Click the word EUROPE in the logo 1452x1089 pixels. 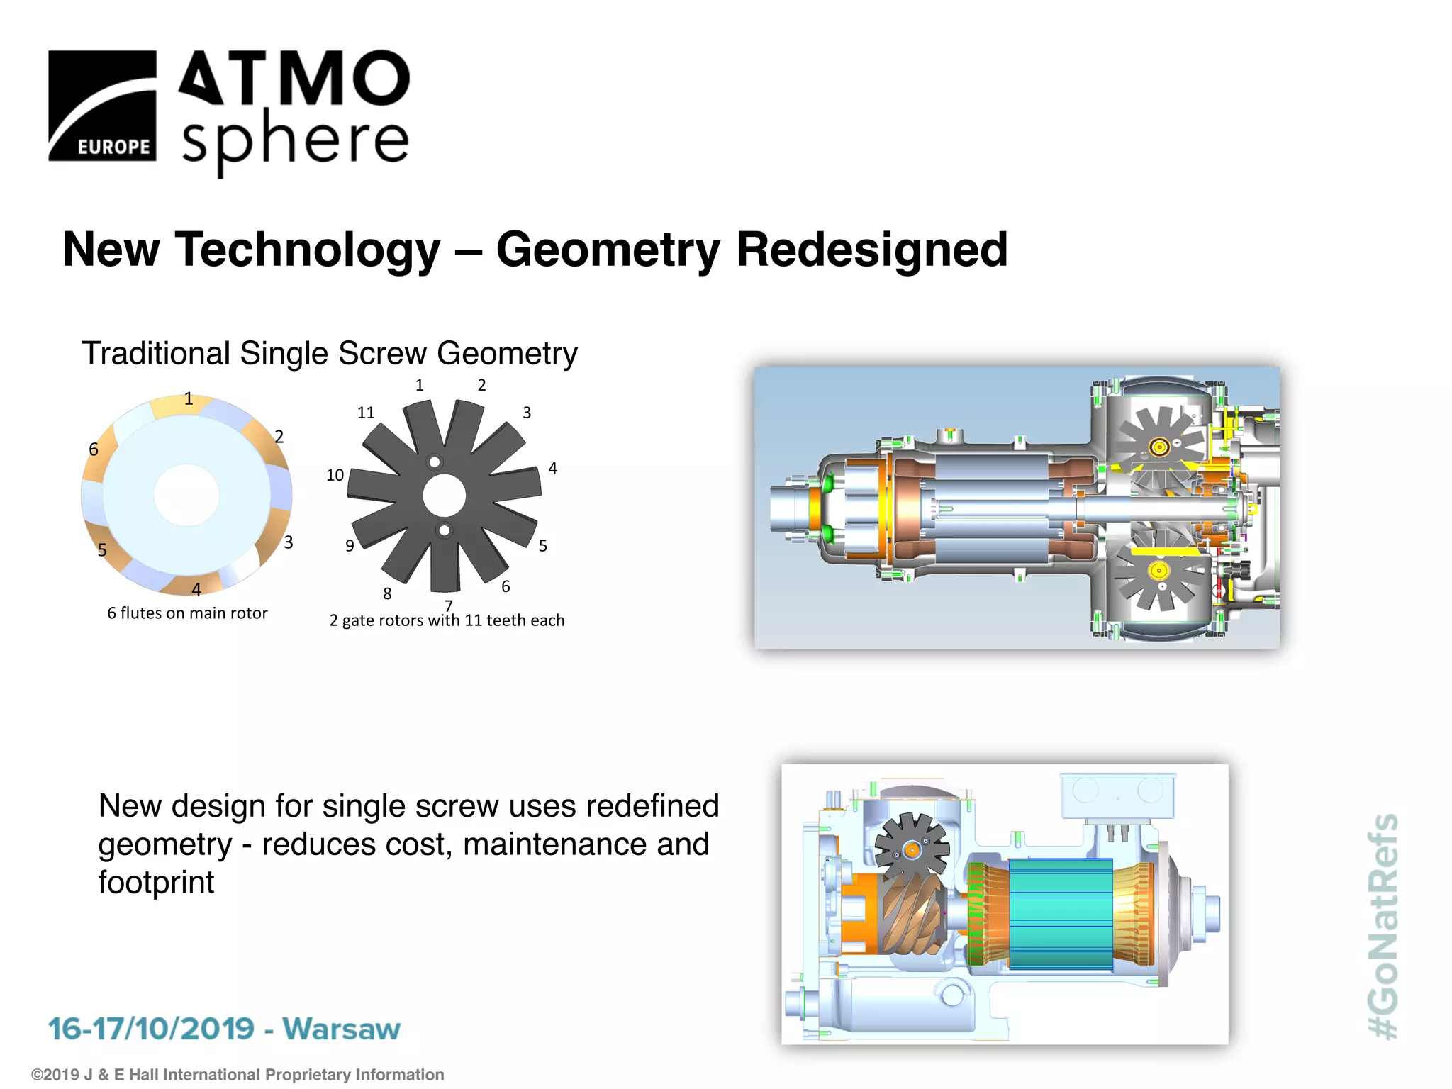(113, 147)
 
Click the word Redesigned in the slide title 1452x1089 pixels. (871, 250)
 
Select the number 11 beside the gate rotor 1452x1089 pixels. (365, 413)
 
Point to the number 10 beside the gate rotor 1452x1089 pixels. (335, 475)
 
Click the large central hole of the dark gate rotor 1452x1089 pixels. (444, 496)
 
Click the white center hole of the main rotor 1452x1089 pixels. (186, 495)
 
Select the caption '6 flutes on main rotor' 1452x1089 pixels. (187, 613)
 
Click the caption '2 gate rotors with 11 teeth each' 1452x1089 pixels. (447, 621)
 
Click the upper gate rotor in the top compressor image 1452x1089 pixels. (1159, 447)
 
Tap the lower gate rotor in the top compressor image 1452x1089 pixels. (1158, 571)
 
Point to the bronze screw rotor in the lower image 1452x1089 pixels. (911, 915)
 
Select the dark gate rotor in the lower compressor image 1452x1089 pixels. (911, 848)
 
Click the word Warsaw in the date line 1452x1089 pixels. (341, 1029)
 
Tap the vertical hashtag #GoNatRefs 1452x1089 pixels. (1383, 925)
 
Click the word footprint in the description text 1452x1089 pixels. (156, 883)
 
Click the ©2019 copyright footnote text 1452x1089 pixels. (238, 1075)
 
